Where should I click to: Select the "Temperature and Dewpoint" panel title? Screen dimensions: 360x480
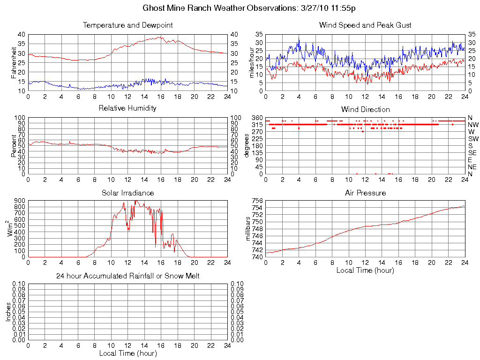pyautogui.click(x=127, y=25)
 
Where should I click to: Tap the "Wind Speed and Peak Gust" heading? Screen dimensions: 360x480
pyautogui.click(x=365, y=25)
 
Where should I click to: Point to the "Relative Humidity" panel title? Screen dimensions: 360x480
pyautogui.click(x=127, y=108)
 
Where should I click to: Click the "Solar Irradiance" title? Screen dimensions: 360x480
pyautogui.click(x=127, y=193)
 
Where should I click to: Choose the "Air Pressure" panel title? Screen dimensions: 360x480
pyautogui.click(x=365, y=193)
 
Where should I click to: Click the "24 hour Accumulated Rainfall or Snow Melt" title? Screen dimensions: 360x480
pyautogui.click(x=127, y=276)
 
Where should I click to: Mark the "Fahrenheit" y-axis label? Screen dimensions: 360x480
pyautogui.click(x=14, y=63)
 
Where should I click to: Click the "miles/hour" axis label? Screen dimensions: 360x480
pyautogui.click(x=252, y=63)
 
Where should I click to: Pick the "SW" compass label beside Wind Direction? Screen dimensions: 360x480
pyautogui.click(x=473, y=139)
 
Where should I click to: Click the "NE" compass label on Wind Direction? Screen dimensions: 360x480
pyautogui.click(x=472, y=167)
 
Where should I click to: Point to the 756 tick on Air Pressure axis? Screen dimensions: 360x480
pyautogui.click(x=257, y=201)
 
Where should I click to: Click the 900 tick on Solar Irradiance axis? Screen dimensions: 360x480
pyautogui.click(x=19, y=201)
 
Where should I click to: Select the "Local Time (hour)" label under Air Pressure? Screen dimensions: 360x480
pyautogui.click(x=365, y=270)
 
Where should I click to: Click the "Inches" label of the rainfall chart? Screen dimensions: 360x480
pyautogui.click(x=8, y=312)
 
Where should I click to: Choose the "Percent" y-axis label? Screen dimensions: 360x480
pyautogui.click(x=14, y=146)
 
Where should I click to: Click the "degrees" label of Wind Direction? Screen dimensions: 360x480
pyautogui.click(x=247, y=146)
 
